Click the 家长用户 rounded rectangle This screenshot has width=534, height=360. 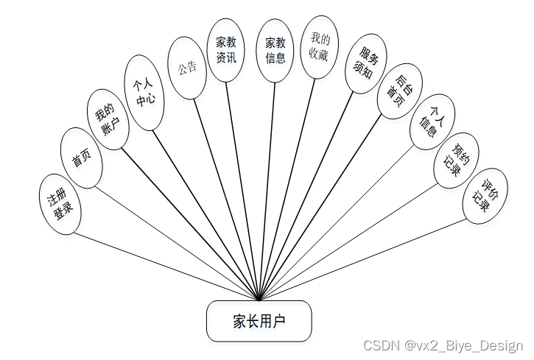point(259,321)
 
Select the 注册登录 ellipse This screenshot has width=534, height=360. point(60,205)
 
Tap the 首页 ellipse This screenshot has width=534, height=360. point(80,158)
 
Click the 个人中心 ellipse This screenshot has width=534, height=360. point(144,93)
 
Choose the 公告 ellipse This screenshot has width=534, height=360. point(187,68)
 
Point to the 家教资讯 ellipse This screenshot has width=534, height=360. point(226,50)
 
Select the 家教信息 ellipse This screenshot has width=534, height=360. point(275,50)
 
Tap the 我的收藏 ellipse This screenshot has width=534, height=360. point(319,46)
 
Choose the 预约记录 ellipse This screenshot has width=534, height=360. point(457,160)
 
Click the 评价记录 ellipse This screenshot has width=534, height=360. point(485,195)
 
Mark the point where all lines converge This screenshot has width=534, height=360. point(259,300)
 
